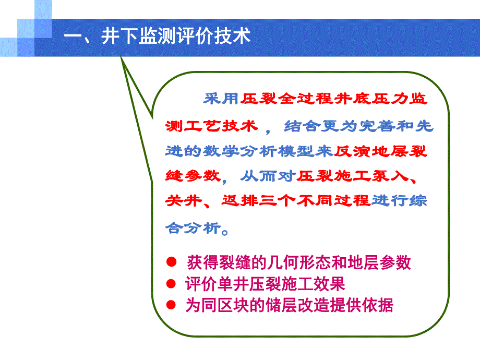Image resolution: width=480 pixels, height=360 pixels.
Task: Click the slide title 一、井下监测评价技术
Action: (x=157, y=37)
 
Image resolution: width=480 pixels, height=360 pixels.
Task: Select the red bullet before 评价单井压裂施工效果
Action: (x=171, y=284)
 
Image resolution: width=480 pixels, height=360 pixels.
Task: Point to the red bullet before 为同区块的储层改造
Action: (x=171, y=305)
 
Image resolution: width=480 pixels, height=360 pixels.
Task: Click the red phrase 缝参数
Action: (x=193, y=176)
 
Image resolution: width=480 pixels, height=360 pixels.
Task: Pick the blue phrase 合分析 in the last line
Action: (x=193, y=227)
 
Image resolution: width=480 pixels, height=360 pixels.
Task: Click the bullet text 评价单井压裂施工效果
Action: (x=265, y=284)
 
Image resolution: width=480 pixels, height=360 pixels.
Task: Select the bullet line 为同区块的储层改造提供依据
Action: (x=289, y=306)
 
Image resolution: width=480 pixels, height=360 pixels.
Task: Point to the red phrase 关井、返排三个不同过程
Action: (x=267, y=202)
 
